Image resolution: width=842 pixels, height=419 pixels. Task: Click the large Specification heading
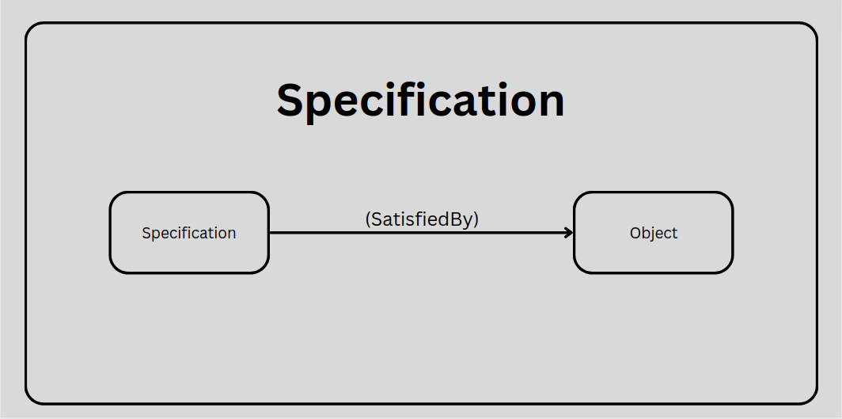pos(420,101)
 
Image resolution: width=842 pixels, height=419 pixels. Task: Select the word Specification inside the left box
pos(188,233)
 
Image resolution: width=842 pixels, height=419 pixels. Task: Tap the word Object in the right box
pos(654,233)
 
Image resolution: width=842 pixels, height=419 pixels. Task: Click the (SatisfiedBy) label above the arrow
pos(422,219)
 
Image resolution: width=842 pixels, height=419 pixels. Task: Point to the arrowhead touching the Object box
pos(569,233)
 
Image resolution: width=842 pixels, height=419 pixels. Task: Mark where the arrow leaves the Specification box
pos(270,233)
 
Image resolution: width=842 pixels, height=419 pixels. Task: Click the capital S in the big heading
pos(291,101)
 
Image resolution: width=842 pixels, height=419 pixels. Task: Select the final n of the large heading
pos(552,104)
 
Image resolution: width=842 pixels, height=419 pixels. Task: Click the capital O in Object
pos(635,233)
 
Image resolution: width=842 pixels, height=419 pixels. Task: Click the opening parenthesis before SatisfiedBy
pos(368,220)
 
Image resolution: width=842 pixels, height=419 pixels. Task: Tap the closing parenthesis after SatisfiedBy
pos(476,220)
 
